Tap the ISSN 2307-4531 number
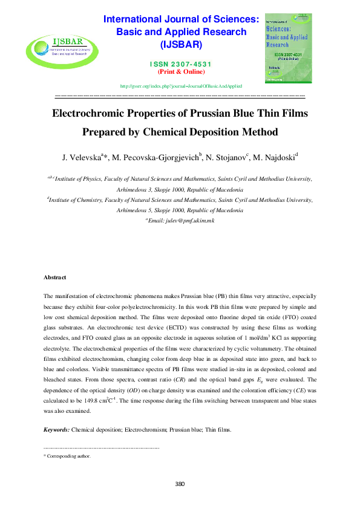(181, 64)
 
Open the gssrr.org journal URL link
(181, 86)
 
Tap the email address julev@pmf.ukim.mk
(182, 221)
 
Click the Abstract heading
(54, 277)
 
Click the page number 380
(180, 483)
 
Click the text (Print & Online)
(180, 72)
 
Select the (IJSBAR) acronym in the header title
(181, 45)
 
